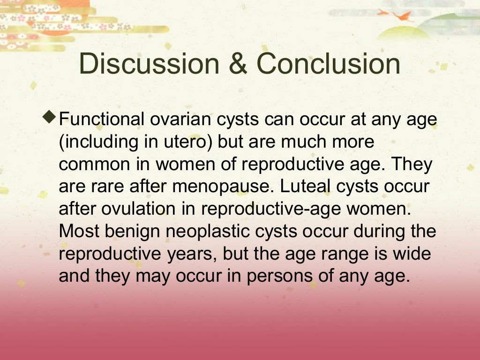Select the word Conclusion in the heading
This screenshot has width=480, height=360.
click(x=328, y=64)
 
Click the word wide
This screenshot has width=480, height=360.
click(x=413, y=253)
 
